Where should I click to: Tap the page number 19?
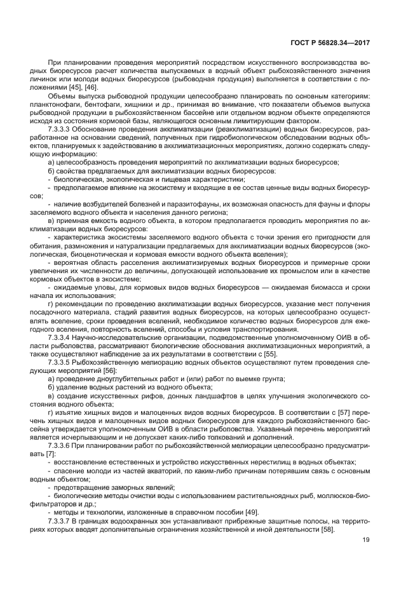click(x=365, y=541)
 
